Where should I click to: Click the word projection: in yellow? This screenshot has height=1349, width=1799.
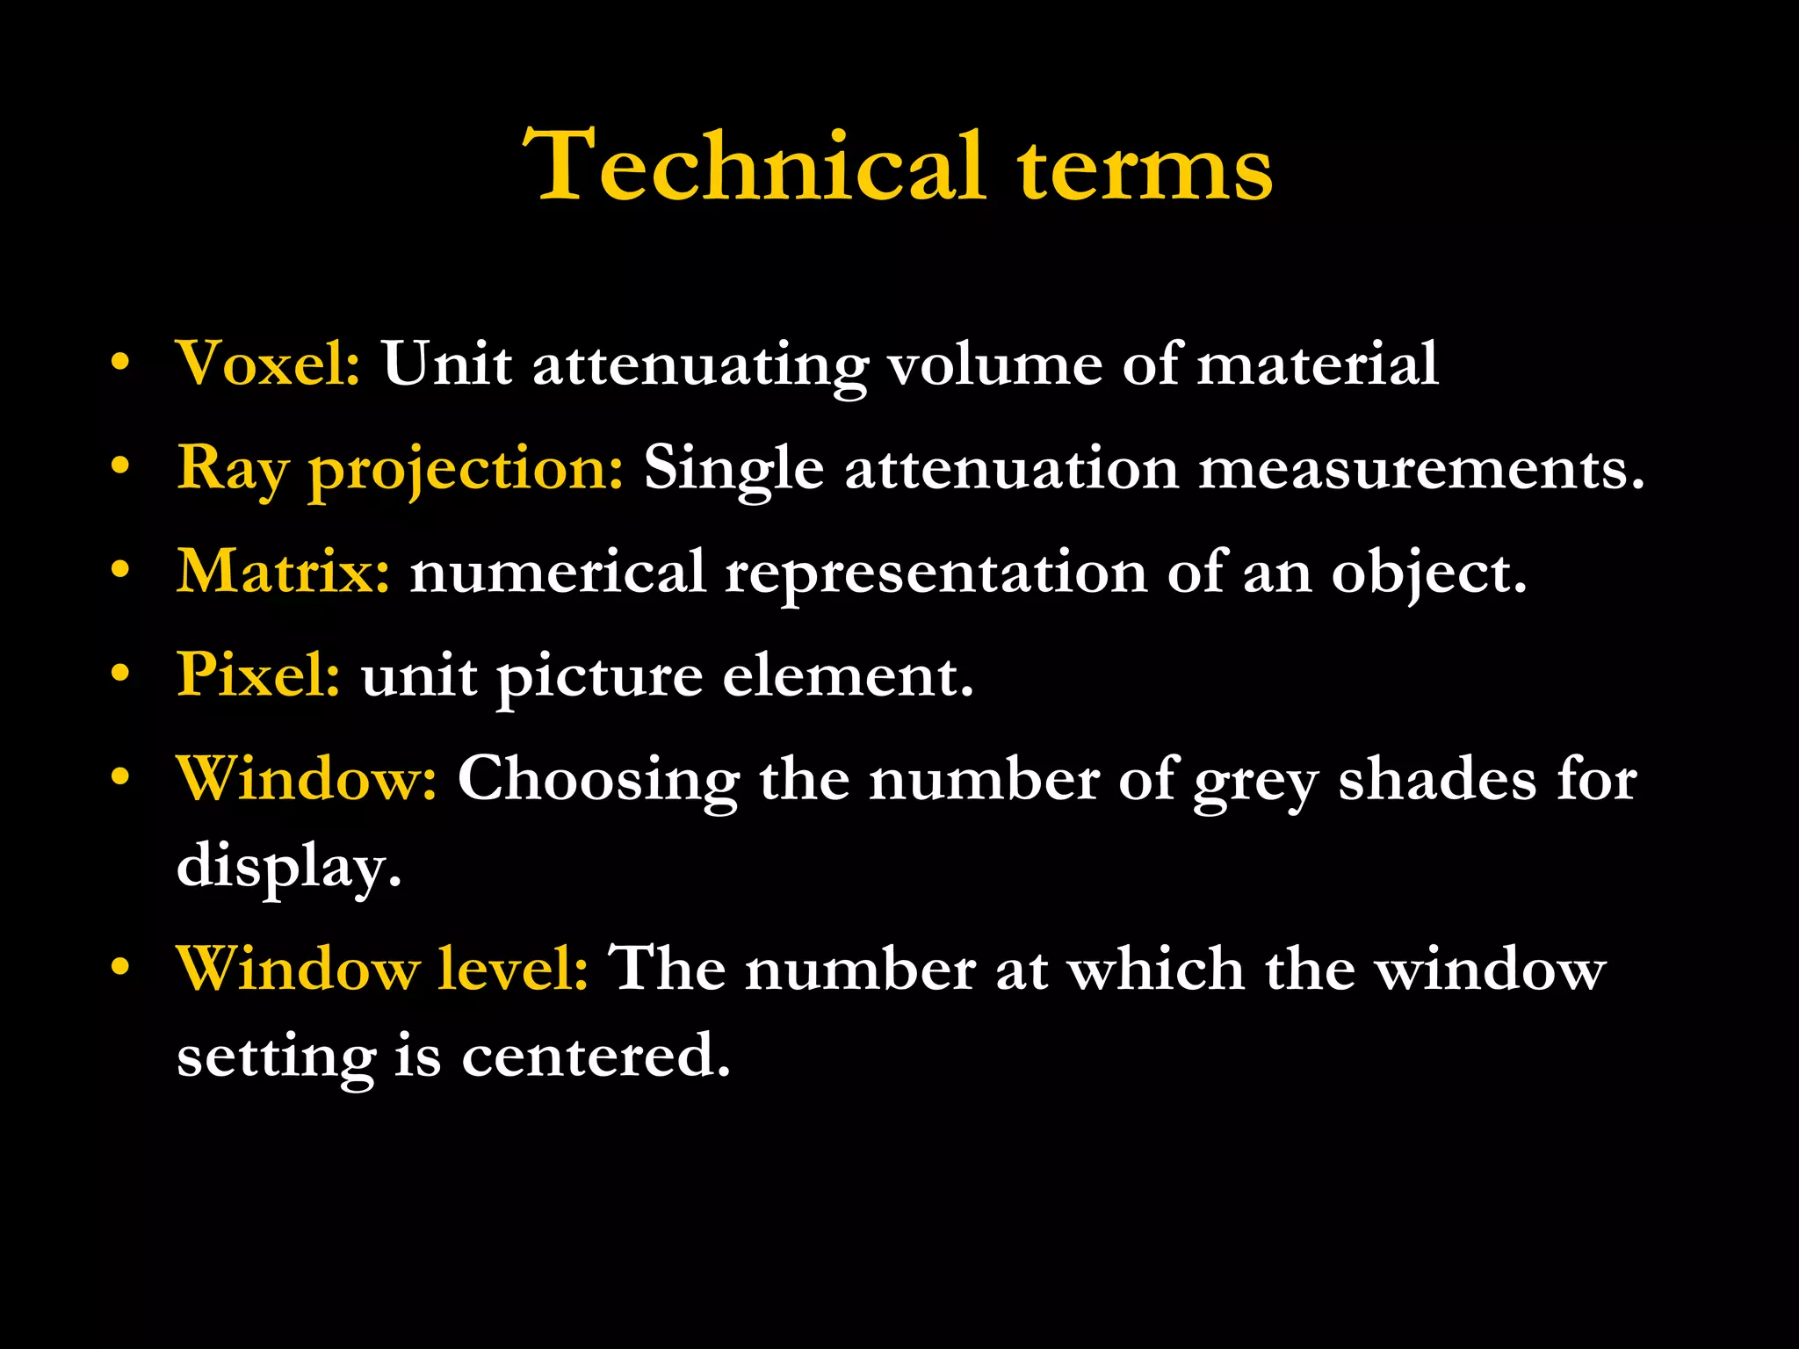pos(466,469)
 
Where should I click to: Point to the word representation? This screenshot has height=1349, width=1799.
pos(936,574)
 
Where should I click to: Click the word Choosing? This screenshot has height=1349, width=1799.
pos(598,781)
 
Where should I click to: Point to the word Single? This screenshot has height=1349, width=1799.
pos(733,469)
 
